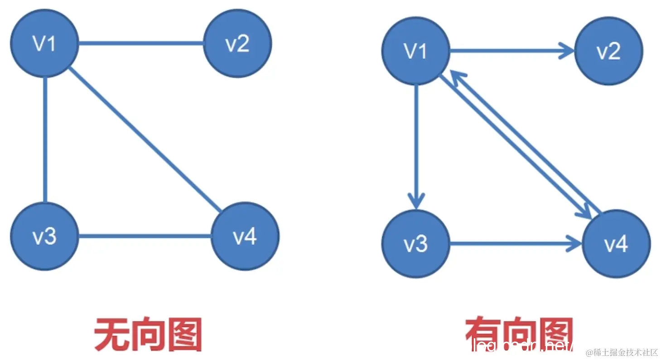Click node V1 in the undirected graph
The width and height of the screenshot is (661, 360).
coord(44,43)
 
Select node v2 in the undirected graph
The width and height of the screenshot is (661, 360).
coord(237,43)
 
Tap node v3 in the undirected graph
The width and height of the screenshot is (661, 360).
coord(44,236)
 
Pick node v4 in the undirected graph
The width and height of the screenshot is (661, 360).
coord(245,236)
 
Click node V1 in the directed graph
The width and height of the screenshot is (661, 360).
coord(415,51)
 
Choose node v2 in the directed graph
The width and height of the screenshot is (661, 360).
coord(608,51)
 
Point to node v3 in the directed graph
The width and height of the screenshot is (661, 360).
coord(415,244)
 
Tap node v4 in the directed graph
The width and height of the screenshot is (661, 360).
coord(616,244)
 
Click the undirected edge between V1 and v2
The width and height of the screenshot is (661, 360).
coord(140,43)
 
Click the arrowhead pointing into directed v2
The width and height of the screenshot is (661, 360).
coord(568,51)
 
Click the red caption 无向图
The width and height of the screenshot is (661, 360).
coord(148,335)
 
